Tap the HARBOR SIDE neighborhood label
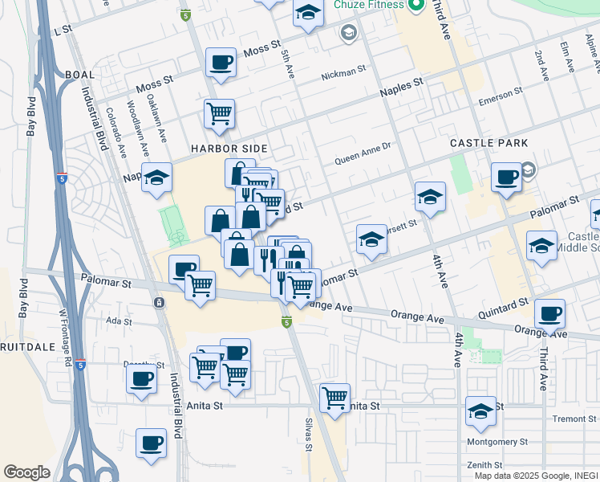coord(229,149)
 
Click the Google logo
coord(26,472)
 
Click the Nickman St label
coord(343,74)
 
